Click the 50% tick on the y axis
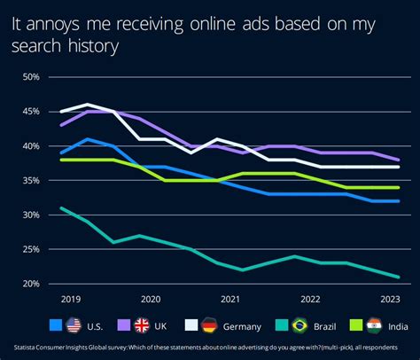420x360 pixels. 30,77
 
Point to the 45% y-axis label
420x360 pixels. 30,112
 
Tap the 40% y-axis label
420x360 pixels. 30,146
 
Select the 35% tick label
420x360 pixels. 30,181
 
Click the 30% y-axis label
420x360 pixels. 30,215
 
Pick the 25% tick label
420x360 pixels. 30,250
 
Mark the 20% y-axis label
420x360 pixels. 30,285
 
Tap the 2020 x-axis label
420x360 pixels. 150,301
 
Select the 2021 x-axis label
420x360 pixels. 230,301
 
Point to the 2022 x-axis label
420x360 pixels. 311,301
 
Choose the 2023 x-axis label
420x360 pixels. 392,301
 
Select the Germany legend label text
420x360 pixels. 237,325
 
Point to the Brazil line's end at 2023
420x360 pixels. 399,278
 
